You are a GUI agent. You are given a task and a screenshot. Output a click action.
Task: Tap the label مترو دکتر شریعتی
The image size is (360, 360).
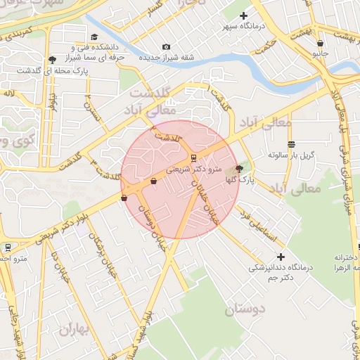click(x=193, y=169)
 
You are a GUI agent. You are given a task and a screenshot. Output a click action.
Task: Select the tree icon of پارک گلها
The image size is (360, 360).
click(x=239, y=169)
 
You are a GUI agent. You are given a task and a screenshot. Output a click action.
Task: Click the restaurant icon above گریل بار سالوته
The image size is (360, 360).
click(x=291, y=143)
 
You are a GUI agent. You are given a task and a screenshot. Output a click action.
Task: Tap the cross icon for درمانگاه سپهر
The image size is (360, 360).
click(x=244, y=15)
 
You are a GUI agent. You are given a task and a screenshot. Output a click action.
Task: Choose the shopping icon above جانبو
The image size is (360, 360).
click(x=320, y=44)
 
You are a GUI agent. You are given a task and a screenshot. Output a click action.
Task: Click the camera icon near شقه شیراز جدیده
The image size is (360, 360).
click(x=166, y=47)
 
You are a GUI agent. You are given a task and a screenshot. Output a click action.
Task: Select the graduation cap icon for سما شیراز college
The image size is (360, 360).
click(x=94, y=37)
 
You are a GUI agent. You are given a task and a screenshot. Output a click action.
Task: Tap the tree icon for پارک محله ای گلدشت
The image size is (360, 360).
click(x=53, y=60)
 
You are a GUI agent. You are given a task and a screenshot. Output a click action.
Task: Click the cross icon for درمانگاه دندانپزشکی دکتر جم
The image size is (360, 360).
click(x=281, y=257)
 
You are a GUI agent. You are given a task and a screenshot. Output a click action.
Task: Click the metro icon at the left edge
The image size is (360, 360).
click(x=8, y=247)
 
